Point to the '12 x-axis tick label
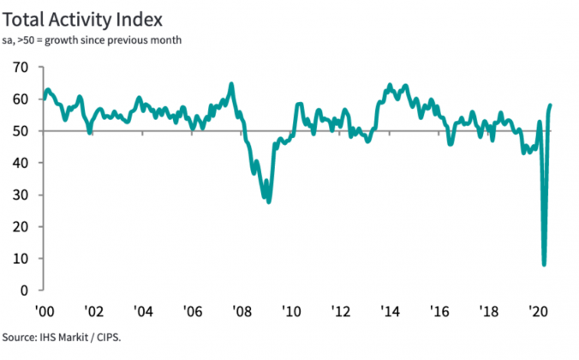(340, 311)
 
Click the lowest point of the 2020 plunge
(543, 264)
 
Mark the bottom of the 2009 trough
(269, 201)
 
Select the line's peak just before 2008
(231, 84)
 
